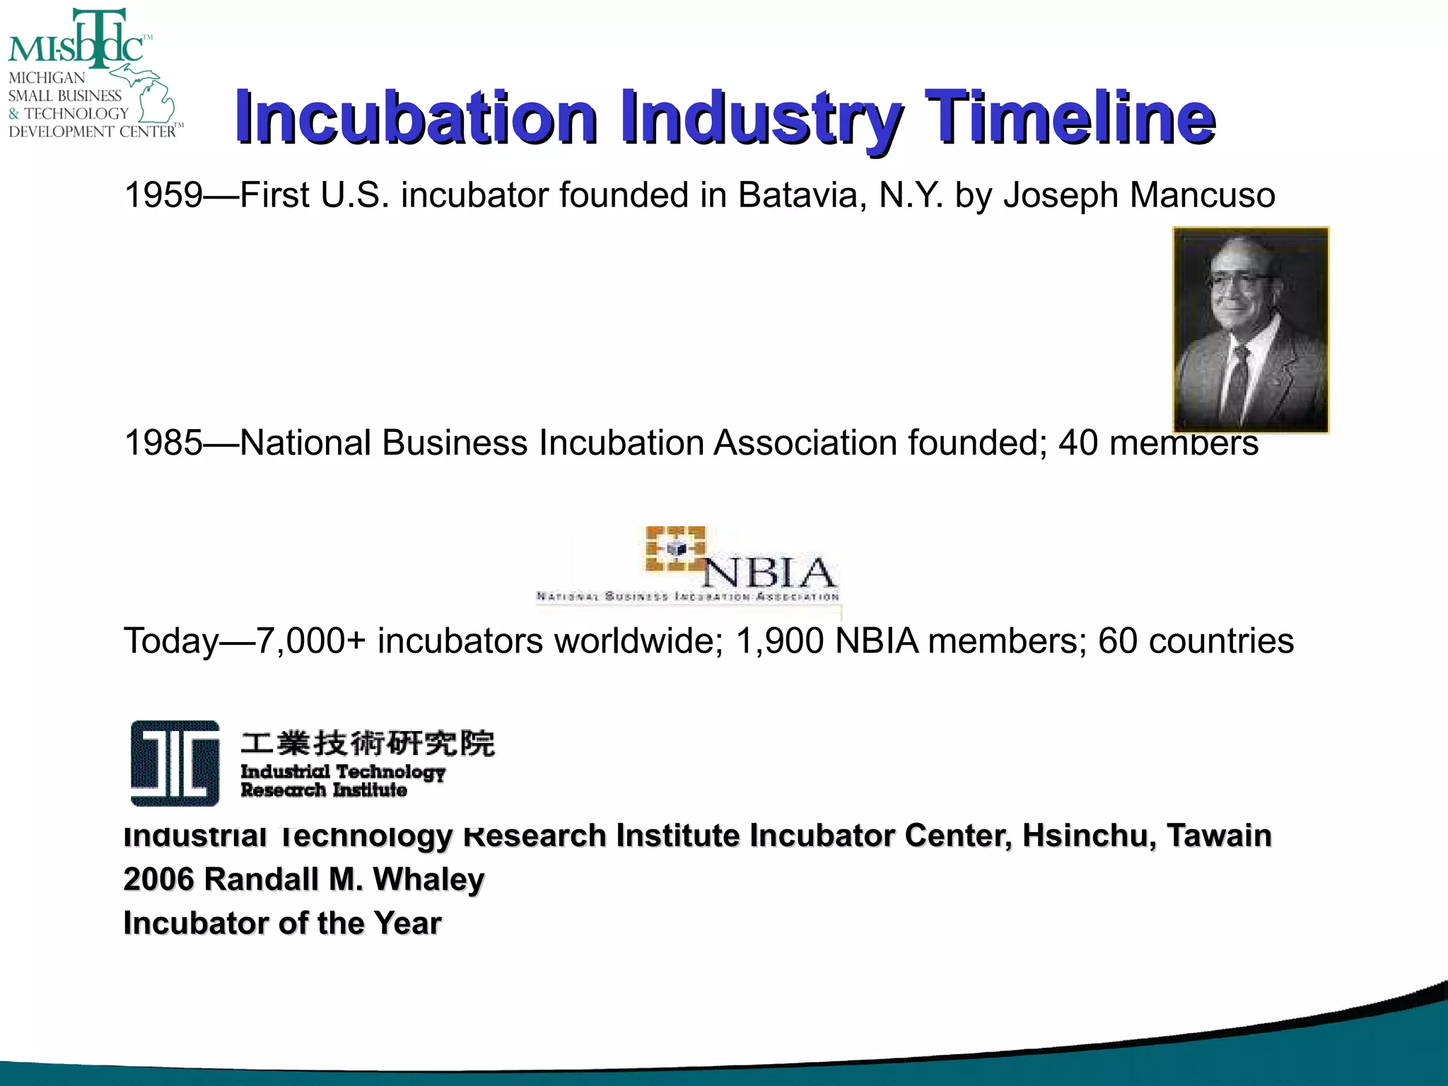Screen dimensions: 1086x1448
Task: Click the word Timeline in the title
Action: coord(1069,117)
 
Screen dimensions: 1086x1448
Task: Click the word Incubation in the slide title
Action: coord(416,117)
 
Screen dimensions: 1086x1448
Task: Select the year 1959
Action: coord(163,195)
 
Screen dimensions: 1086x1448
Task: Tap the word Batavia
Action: coord(802,195)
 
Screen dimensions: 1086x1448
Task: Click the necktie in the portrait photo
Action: coord(1237,382)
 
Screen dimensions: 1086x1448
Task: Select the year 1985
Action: coord(163,443)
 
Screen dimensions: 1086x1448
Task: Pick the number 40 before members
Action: coord(1078,443)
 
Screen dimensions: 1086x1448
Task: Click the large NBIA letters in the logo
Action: coord(769,573)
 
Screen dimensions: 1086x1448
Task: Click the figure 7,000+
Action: coord(310,641)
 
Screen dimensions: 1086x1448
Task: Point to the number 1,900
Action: coord(780,641)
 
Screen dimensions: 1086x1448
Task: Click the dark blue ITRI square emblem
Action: coord(175,764)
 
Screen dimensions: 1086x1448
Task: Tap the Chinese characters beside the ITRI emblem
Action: coord(368,743)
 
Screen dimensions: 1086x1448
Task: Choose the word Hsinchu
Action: coord(1088,836)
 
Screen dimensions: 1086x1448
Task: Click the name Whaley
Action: coord(428,880)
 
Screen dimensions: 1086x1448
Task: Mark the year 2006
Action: coord(158,880)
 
